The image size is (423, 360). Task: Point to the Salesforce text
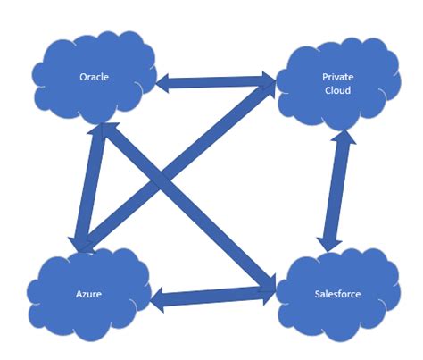pyautogui.click(x=338, y=293)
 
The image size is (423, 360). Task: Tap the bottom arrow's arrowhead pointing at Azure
pyautogui.click(x=159, y=299)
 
